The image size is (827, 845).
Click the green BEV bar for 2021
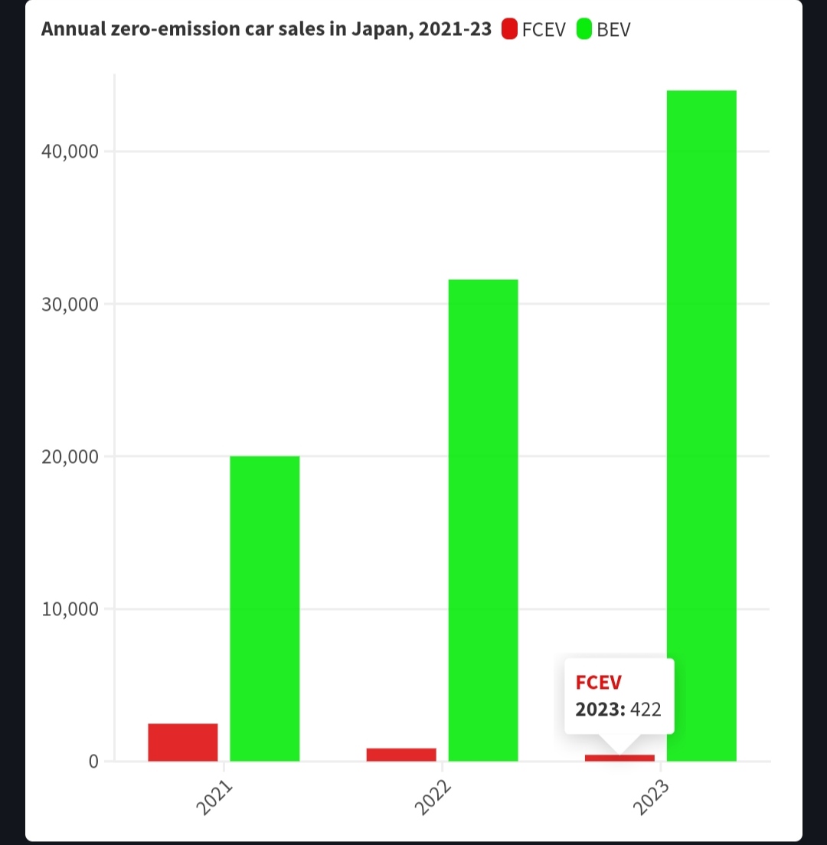click(x=264, y=608)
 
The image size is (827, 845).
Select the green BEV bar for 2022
click(x=482, y=520)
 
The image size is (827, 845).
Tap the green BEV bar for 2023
click(x=701, y=426)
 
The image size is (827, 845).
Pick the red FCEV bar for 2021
click(x=183, y=742)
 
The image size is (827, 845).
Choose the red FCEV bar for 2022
click(x=401, y=754)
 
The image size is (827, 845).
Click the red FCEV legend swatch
click(x=509, y=30)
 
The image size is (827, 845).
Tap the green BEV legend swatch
click(x=584, y=30)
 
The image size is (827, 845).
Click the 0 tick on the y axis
click(x=93, y=761)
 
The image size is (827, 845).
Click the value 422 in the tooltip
click(x=646, y=709)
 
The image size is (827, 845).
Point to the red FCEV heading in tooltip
click(x=599, y=683)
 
